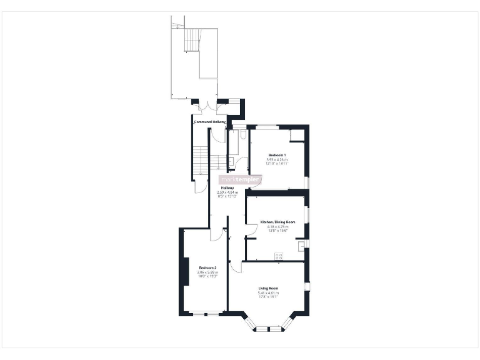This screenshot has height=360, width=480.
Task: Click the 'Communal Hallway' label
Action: tap(209, 122)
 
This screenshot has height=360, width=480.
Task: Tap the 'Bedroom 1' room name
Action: tap(277, 155)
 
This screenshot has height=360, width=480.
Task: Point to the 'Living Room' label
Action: tap(269, 288)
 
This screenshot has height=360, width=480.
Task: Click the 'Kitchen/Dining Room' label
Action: tap(277, 222)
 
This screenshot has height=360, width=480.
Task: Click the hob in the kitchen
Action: tap(279, 254)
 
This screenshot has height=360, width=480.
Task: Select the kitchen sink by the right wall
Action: tap(302, 246)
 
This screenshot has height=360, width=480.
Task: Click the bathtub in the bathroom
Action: tap(231, 150)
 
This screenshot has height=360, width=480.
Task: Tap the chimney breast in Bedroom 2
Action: tap(186, 272)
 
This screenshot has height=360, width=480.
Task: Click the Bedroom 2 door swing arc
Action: tap(215, 234)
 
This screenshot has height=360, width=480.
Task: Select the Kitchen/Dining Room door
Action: tap(251, 231)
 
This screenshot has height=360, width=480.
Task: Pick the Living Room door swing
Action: tap(235, 267)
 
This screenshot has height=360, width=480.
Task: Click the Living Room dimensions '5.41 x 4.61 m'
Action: tap(269, 293)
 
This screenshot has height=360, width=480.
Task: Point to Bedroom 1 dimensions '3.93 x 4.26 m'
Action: tap(277, 159)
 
